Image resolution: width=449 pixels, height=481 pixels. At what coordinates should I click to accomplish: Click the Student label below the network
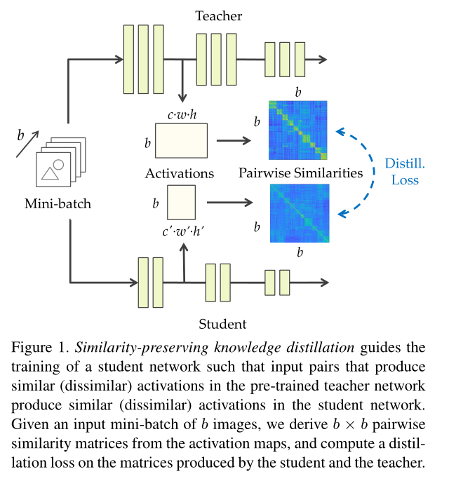[222, 323]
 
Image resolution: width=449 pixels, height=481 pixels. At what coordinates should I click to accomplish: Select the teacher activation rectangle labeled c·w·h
[181, 141]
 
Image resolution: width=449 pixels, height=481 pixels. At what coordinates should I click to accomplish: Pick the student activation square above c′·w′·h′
[180, 203]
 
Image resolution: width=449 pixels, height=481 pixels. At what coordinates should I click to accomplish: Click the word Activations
[180, 172]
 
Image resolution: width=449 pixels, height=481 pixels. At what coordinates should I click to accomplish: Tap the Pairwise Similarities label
[300, 172]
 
